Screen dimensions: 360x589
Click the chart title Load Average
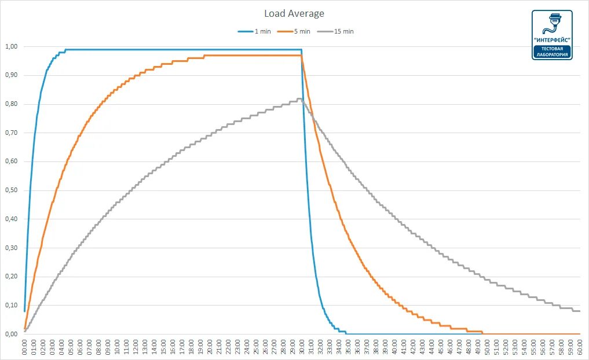click(294, 13)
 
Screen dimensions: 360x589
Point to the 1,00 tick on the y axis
click(11, 46)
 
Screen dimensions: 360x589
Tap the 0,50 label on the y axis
click(11, 190)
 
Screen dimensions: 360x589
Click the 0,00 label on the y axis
click(11, 334)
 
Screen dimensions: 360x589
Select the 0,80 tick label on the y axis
click(11, 104)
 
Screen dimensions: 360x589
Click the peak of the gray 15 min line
click(299, 99)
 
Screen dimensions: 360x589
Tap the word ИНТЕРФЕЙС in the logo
click(552, 40)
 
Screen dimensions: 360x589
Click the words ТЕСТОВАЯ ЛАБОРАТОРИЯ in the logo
click(552, 52)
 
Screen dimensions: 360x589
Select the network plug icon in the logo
click(552, 23)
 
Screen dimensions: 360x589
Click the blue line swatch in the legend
click(245, 31)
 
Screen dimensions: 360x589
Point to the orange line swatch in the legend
click(285, 31)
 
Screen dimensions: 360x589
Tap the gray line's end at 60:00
click(579, 311)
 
